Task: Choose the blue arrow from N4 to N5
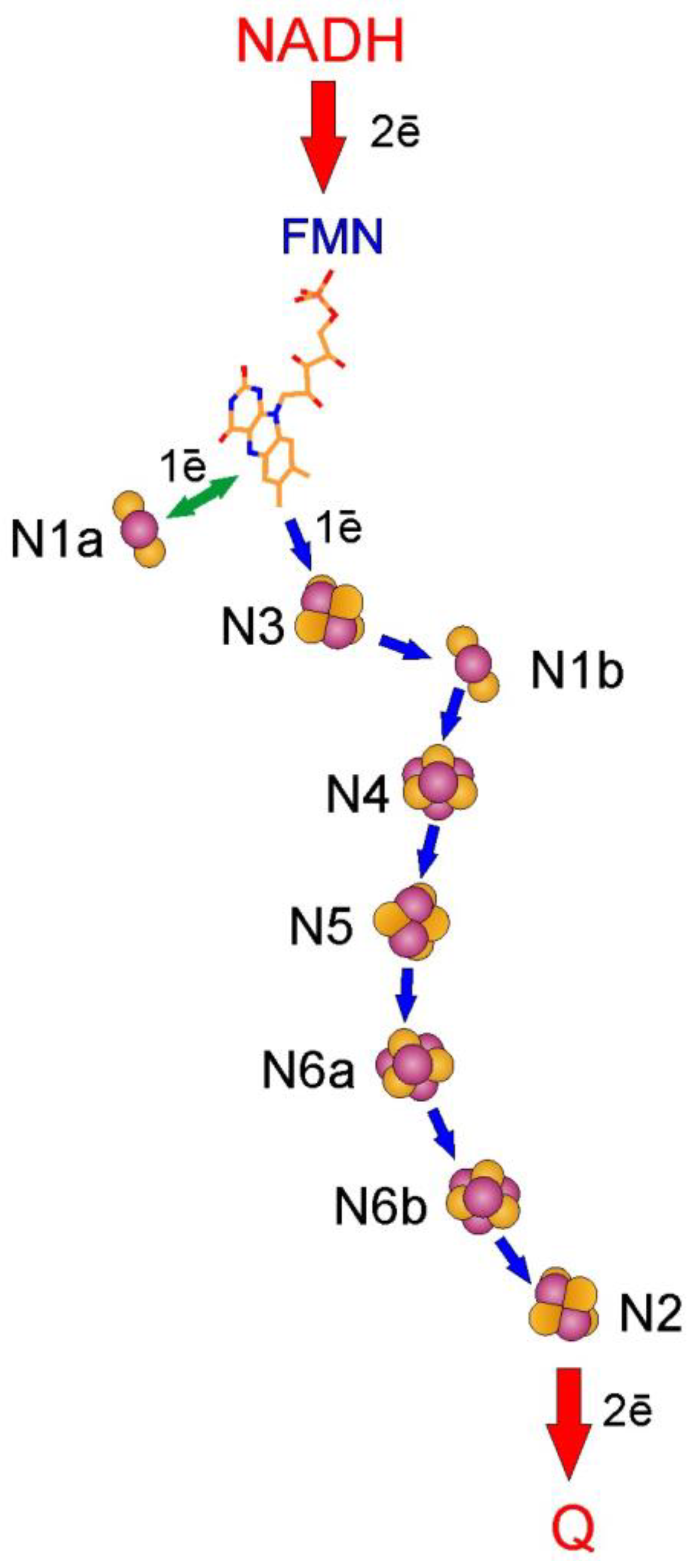coord(428,850)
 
